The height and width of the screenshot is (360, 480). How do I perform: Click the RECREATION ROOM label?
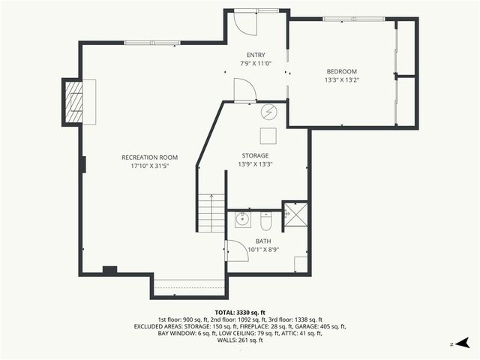pos(150,157)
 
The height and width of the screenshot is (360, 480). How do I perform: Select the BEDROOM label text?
pos(341,71)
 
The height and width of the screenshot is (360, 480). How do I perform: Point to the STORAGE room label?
pos(255,156)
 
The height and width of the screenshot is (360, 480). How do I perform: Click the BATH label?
pos(253,241)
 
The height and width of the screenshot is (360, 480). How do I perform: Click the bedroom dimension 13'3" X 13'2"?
pos(342,79)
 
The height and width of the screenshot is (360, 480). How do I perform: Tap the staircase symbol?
pos(212,213)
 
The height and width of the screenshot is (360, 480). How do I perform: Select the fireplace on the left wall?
pos(73,102)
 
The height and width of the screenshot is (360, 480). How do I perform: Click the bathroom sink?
pos(242,220)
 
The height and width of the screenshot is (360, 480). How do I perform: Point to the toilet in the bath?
pos(265,221)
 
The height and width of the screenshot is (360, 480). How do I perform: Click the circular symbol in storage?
pos(268,112)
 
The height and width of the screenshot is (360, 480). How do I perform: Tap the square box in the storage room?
pos(268,135)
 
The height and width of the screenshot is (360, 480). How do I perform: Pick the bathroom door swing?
pos(238,250)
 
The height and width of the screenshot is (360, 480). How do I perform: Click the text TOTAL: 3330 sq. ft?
pos(240,312)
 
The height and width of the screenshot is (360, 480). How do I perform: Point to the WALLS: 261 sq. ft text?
pos(240,340)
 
